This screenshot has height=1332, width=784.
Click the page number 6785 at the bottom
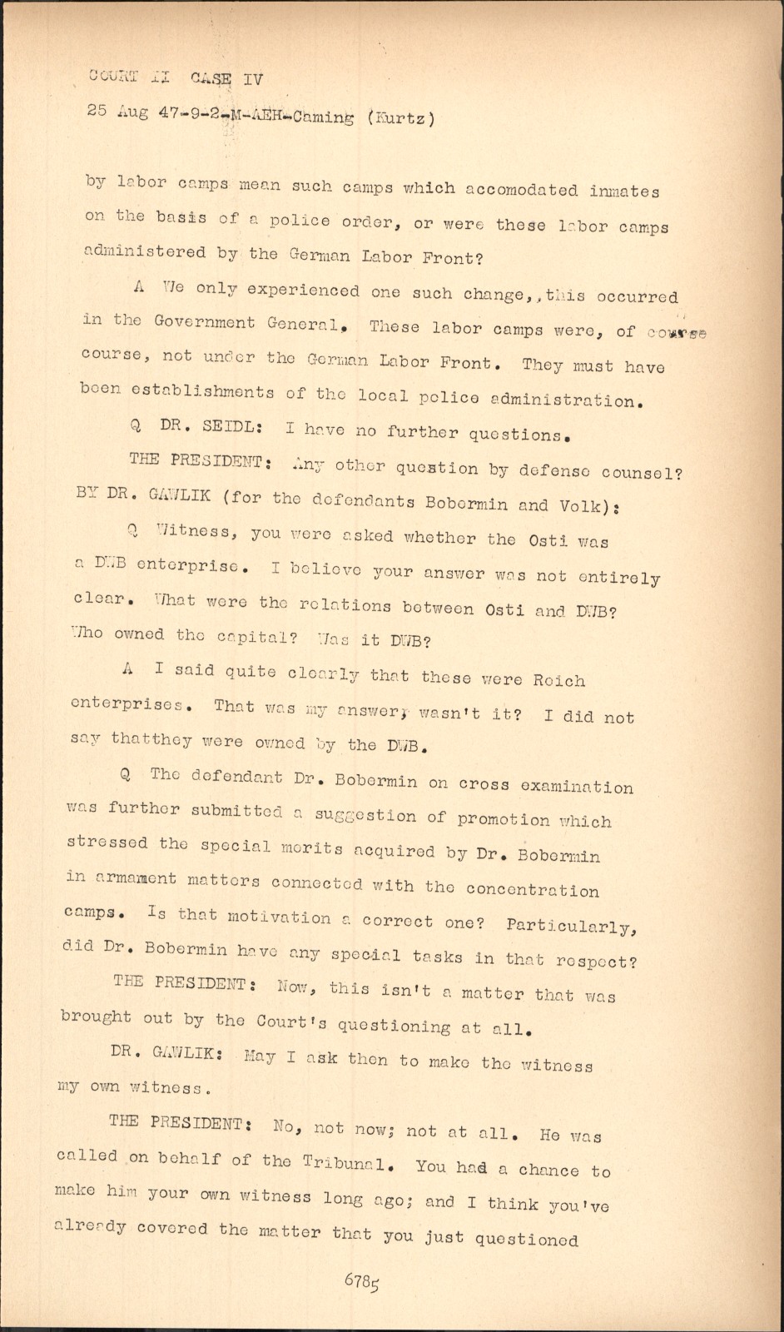click(x=362, y=1280)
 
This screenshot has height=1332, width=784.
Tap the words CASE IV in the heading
click(x=226, y=79)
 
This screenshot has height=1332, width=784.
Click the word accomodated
click(x=521, y=189)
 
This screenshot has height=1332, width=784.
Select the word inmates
click(x=624, y=191)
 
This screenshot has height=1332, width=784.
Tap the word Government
click(x=205, y=322)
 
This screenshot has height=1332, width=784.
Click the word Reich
click(x=558, y=680)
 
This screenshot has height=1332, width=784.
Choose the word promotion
click(x=504, y=819)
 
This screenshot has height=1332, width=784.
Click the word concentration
click(x=533, y=889)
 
